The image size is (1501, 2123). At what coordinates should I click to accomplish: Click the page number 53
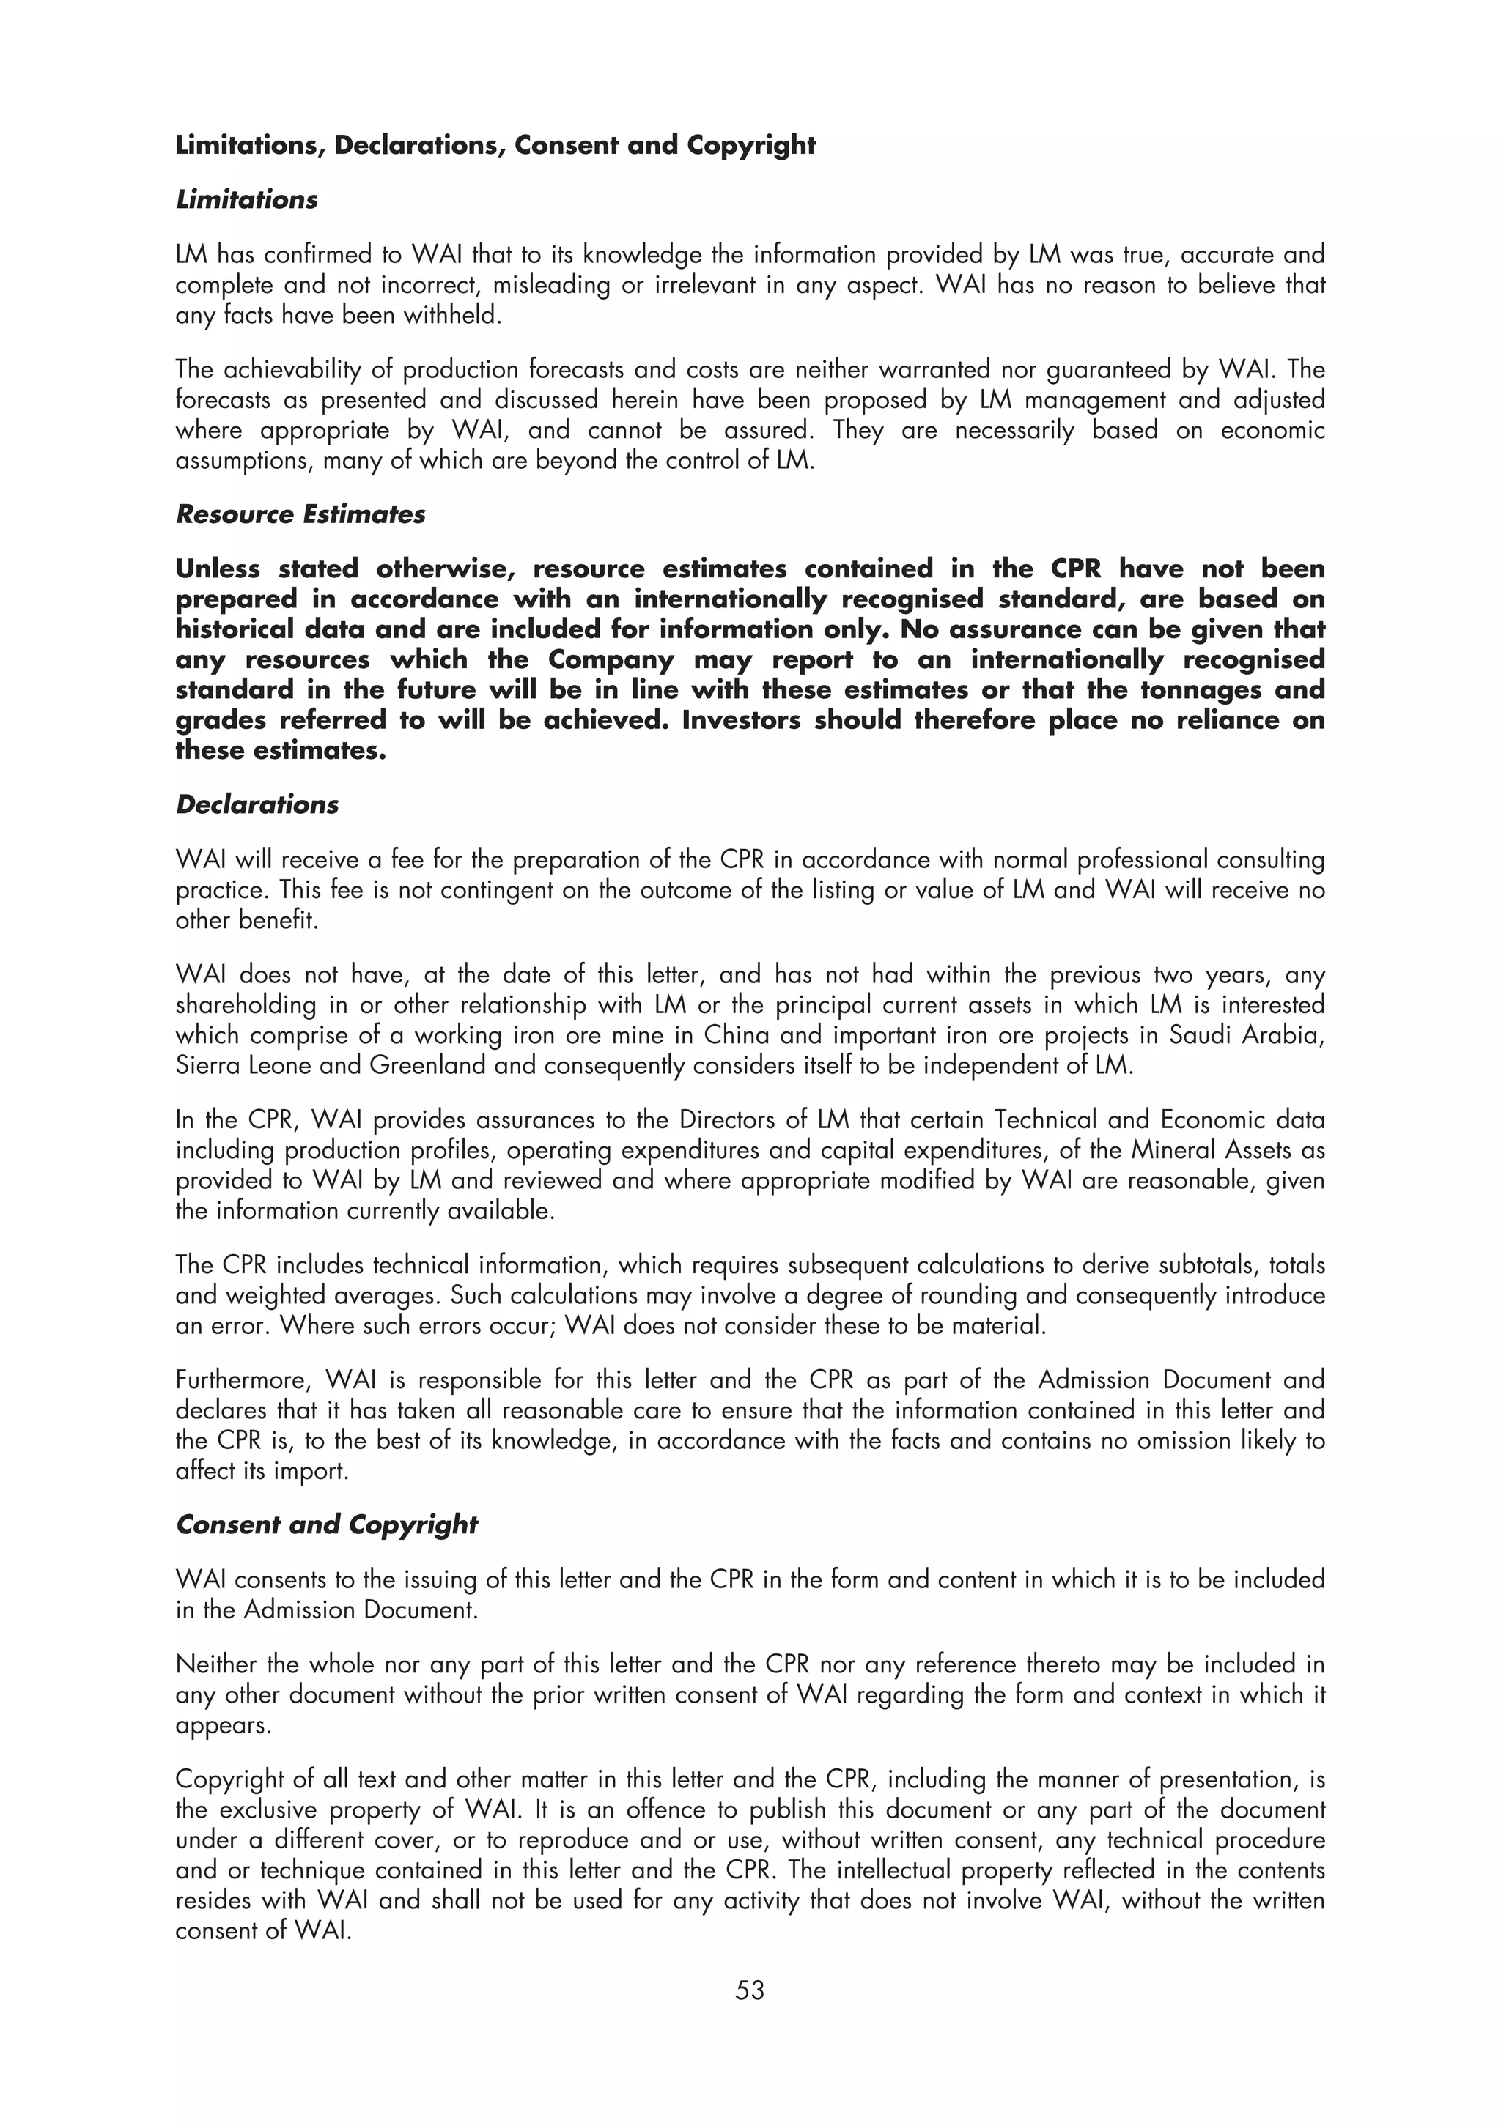pyautogui.click(x=750, y=1989)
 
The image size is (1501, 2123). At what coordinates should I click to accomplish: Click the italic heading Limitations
pyautogui.click(x=246, y=200)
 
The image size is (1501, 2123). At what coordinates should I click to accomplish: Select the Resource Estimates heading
pyautogui.click(x=300, y=514)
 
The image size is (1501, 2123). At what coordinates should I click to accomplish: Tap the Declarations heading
pyautogui.click(x=257, y=804)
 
